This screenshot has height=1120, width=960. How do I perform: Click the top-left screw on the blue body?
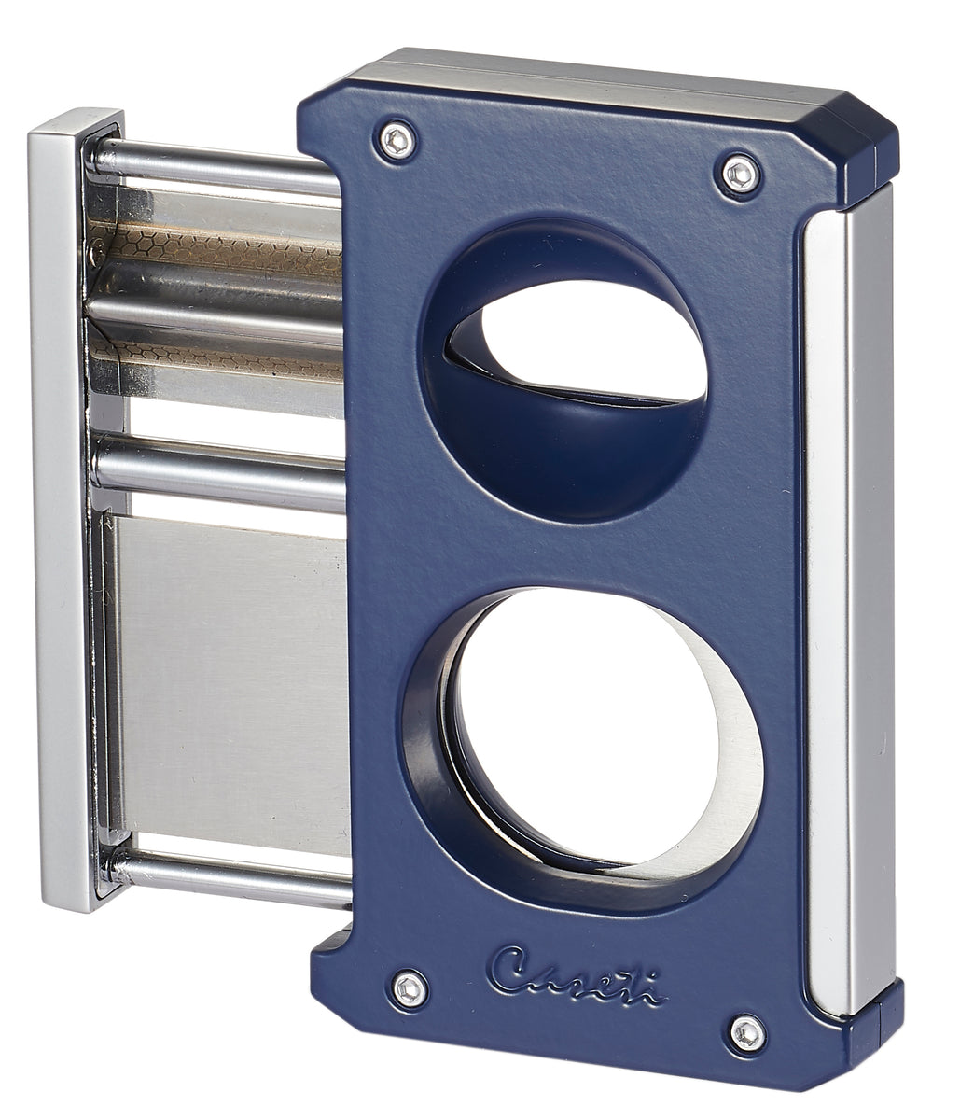(398, 140)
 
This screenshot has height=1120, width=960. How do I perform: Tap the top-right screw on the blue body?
(741, 174)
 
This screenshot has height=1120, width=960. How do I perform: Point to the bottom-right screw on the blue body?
(747, 1030)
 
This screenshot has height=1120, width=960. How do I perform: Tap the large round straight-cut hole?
(597, 728)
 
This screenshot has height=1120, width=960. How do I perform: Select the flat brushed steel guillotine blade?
(229, 672)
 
